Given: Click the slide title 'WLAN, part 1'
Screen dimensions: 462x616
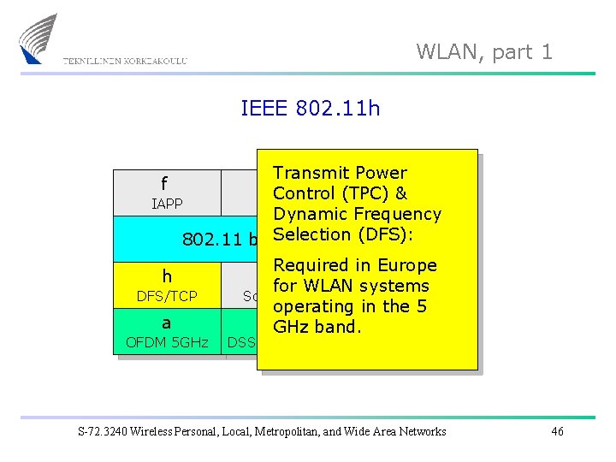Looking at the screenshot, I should (484, 51).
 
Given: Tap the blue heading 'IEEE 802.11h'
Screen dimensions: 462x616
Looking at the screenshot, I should (311, 109).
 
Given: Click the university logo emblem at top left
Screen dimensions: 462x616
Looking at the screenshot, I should (40, 38).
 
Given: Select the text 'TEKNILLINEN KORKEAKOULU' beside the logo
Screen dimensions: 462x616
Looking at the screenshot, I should (125, 62).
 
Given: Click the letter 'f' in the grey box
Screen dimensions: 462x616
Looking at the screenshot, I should (163, 184).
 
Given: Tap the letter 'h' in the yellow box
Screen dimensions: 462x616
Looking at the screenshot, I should (167, 276).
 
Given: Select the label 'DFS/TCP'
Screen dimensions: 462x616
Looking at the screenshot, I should (167, 297).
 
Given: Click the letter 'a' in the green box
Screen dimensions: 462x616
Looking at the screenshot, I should (166, 323).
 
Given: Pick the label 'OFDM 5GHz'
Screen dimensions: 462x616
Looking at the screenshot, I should (167, 343).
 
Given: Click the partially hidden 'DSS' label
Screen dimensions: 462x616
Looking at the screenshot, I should (241, 343).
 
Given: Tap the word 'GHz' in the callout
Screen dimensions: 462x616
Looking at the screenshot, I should (293, 327).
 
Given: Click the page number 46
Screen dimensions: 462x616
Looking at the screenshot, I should (557, 431).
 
